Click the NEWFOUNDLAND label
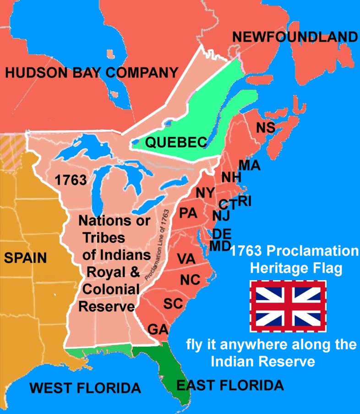point(294,37)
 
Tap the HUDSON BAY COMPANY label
point(91,72)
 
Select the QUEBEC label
point(176,143)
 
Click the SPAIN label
point(26,258)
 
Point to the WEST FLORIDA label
point(85,388)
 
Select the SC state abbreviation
point(173,303)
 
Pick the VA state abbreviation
point(186,259)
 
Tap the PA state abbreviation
point(188,213)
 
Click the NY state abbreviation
point(205,193)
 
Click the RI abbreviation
point(244,201)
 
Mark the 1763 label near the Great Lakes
point(71,180)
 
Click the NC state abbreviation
point(190,279)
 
